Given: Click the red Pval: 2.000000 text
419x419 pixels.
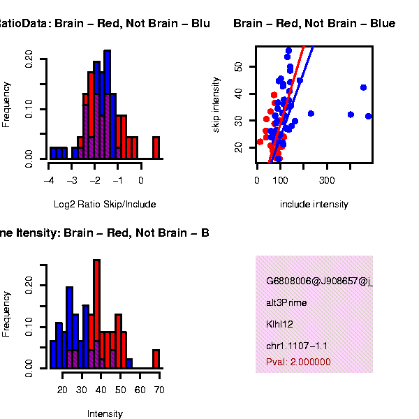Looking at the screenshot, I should [x=298, y=362].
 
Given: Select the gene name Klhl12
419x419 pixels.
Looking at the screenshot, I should [x=279, y=324].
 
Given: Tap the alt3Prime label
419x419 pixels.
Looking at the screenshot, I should [x=286, y=303].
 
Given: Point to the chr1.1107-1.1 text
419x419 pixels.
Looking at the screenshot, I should [x=297, y=346].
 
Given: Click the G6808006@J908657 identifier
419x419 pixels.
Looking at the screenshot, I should [x=318, y=281].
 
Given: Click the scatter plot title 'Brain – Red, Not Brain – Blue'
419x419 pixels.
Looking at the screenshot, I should [x=314, y=24].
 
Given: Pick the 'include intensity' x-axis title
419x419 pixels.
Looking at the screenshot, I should [x=314, y=205].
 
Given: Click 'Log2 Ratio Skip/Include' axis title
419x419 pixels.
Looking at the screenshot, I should [x=105, y=205].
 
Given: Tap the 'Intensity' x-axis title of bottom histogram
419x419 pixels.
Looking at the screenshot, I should [x=105, y=413].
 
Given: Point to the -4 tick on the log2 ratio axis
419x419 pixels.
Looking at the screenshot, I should [x=49, y=180].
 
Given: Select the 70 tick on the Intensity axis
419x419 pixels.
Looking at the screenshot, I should [x=159, y=390].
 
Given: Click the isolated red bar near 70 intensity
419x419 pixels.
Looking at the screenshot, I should [x=156, y=358].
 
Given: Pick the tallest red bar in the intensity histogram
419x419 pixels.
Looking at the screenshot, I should [x=97, y=314].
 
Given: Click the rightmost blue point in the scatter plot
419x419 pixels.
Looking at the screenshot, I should [x=368, y=116].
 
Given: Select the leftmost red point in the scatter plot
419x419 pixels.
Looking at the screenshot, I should [x=260, y=142].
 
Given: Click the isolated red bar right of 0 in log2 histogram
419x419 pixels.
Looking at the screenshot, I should [x=156, y=147].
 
